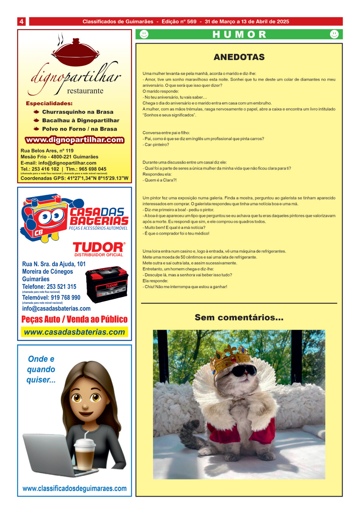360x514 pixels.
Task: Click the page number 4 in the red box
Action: [x=22, y=22]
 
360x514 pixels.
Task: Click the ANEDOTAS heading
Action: [x=239, y=57]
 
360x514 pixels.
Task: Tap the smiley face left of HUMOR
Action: [x=144, y=34]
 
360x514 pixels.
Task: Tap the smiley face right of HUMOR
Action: [x=334, y=34]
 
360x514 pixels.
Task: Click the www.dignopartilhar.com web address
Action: [x=75, y=140]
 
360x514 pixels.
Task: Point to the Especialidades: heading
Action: [x=49, y=103]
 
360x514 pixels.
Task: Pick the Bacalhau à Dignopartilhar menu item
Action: [x=81, y=120]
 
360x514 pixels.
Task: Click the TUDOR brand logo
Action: [x=98, y=248]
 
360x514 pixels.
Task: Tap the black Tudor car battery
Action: [x=107, y=283]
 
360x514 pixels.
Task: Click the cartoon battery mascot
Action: [x=45, y=218]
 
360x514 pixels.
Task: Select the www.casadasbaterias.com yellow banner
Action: [x=75, y=332]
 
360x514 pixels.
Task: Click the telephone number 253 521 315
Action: [x=49, y=287]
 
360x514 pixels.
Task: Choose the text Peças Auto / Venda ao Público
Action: [x=75, y=319]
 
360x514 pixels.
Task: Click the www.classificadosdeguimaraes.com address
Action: [x=75, y=489]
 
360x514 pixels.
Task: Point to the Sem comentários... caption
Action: [x=239, y=318]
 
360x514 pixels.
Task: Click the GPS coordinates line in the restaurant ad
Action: [x=75, y=178]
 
